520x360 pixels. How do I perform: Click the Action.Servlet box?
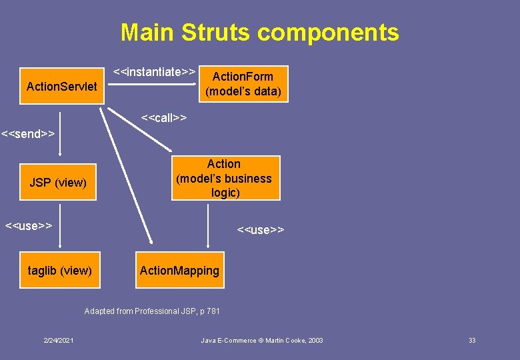[x=62, y=87]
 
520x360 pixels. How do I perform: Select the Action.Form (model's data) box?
[x=243, y=84]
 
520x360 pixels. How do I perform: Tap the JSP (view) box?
[x=59, y=182]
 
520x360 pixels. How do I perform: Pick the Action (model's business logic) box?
[x=225, y=178]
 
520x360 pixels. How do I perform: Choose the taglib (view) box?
[x=60, y=270]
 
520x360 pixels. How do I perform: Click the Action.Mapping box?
[x=179, y=270]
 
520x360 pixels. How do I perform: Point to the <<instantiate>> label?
[x=154, y=71]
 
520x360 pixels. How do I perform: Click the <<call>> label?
[x=164, y=118]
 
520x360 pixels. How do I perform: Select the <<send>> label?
[x=28, y=133]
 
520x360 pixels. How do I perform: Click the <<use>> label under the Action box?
[x=261, y=230]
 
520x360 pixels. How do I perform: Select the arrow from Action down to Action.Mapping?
[x=210, y=227]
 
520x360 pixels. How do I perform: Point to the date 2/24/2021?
[x=59, y=341]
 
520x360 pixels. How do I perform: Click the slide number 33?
[x=472, y=341]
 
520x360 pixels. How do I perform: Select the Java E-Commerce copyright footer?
[x=262, y=341]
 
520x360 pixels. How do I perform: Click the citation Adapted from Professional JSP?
[x=152, y=311]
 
